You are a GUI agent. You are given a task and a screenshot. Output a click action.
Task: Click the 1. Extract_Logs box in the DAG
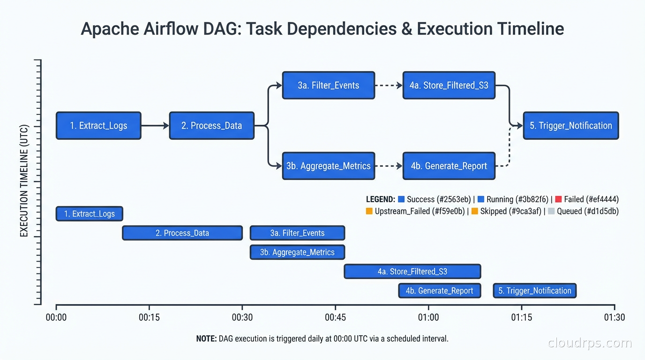(98, 126)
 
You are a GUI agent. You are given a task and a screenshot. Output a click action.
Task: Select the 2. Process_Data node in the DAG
(211, 126)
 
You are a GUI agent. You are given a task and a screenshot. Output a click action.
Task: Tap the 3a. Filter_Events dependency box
(328, 85)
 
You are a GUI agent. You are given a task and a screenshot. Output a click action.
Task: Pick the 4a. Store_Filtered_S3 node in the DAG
(449, 85)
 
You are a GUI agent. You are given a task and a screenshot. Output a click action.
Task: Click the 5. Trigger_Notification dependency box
(570, 126)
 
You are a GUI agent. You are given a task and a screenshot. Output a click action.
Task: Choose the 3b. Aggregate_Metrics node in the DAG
(328, 166)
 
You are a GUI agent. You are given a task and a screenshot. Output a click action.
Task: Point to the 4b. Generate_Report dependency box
(449, 166)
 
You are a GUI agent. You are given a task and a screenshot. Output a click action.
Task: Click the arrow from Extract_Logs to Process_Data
(155, 126)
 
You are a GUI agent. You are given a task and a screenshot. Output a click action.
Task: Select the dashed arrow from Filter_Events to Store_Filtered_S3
(389, 85)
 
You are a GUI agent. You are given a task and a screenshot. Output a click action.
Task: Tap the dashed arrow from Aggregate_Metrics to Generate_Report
(389, 166)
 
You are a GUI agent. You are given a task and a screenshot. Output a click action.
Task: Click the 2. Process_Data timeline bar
(182, 233)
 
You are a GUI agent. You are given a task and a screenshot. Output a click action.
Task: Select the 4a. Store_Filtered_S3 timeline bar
(412, 271)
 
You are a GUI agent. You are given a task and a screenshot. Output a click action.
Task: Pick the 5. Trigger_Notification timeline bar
(534, 291)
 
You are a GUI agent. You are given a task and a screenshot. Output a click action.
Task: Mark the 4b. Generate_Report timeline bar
(439, 291)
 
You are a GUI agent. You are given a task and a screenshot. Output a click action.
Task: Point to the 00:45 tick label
(335, 317)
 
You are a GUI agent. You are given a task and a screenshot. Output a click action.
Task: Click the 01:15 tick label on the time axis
(521, 317)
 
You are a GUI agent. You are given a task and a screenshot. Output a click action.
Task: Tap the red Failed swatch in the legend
(558, 199)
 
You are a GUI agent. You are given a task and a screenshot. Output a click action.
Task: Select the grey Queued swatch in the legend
(551, 211)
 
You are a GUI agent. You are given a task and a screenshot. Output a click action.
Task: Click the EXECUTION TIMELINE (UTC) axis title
(24, 180)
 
